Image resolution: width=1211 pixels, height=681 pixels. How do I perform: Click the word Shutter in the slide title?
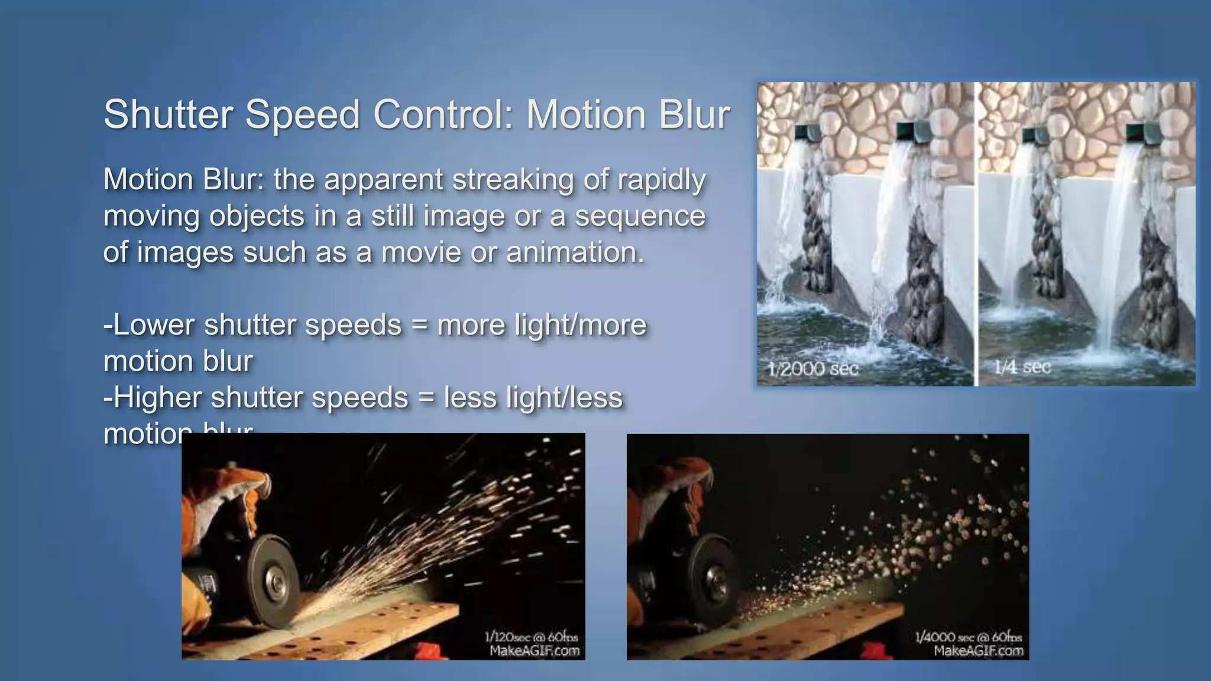[x=168, y=114]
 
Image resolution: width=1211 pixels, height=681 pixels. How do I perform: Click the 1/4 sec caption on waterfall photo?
[x=1022, y=367]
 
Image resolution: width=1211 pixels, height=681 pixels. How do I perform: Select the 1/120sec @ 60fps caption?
[x=531, y=637]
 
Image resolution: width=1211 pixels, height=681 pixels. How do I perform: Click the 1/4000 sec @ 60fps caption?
[x=968, y=637]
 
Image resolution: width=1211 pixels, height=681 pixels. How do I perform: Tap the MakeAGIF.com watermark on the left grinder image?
[x=535, y=651]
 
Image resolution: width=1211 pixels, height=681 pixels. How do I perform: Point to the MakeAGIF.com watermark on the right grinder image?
[x=979, y=651]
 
